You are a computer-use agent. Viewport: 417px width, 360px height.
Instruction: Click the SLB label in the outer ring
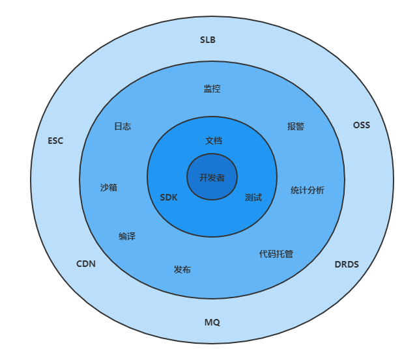coord(207,40)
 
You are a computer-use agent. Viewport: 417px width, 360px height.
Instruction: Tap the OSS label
coord(361,125)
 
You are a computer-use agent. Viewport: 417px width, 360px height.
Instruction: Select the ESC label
coord(55,141)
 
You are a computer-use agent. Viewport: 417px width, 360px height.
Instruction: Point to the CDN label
coord(85,264)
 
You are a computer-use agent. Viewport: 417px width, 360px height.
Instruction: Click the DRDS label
coord(346,264)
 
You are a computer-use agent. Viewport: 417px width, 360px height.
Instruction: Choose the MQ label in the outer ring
coord(212,322)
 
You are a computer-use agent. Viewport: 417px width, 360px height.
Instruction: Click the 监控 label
coord(212,89)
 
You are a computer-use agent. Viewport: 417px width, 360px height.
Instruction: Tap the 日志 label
coord(122,126)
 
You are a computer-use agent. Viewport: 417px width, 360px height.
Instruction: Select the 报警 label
coord(296,126)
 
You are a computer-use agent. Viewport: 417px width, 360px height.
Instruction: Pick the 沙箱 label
coord(109,187)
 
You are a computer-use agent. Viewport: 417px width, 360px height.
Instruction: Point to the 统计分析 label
coord(308,190)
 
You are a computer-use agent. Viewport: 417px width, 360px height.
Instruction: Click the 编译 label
coord(127,236)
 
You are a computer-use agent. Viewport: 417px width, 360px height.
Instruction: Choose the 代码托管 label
coord(276,254)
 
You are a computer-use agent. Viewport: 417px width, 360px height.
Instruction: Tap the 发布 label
coord(182,270)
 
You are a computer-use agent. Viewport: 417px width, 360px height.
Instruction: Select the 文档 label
coord(214,141)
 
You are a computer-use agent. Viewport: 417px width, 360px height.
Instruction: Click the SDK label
coord(169,197)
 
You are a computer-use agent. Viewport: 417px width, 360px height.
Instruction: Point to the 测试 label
coord(253,197)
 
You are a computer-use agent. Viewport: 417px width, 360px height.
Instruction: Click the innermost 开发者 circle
coord(212,177)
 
